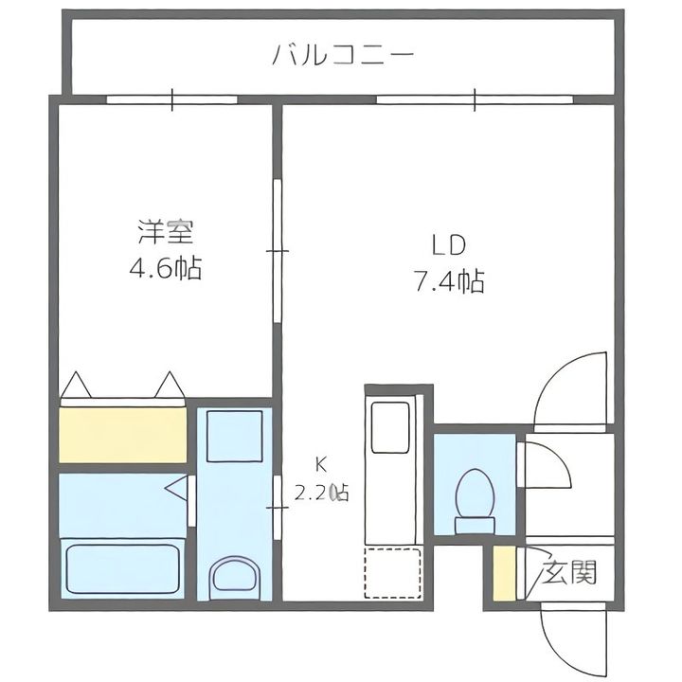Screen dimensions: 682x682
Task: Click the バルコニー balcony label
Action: pos(343,56)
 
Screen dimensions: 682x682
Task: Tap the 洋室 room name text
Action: pos(166,232)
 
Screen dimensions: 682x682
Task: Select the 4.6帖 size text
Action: pos(165,268)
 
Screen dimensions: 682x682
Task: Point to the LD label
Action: pos(448,245)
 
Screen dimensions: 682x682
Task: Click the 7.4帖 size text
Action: pos(449,281)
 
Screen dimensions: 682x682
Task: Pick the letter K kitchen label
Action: pos(321,465)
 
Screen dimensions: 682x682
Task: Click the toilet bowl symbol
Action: pos(475,501)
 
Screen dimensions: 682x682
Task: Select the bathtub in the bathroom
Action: pos(123,568)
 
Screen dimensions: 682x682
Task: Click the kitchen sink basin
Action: pos(389,427)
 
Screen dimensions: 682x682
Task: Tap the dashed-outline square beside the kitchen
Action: pos(393,573)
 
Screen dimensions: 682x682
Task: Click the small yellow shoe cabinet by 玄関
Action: pos(504,573)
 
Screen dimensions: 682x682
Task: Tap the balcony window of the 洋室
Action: pos(172,99)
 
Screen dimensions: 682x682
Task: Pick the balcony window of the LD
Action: pos(475,99)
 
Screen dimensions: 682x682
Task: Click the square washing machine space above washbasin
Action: pos(235,437)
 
